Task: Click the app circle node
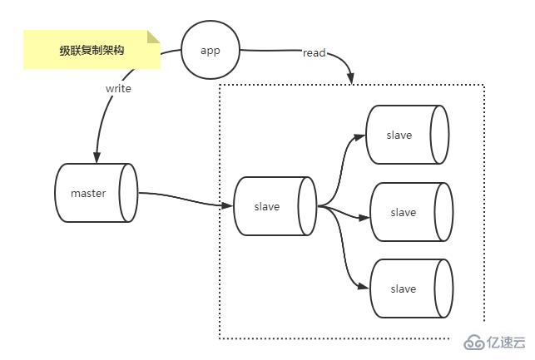coord(211,50)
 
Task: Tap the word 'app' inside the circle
coord(211,50)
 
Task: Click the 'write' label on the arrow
coord(118,87)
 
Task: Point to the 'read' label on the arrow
coord(315,53)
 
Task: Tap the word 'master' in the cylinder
coord(87,194)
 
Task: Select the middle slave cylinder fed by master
coord(274,206)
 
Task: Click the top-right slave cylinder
coord(407,135)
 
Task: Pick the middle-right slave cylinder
coord(410,212)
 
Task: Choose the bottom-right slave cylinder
coord(410,288)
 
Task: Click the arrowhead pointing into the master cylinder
coord(97,158)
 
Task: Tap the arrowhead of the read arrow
coord(351,78)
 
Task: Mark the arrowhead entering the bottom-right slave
coord(364,288)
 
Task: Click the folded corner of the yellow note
coord(153,37)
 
